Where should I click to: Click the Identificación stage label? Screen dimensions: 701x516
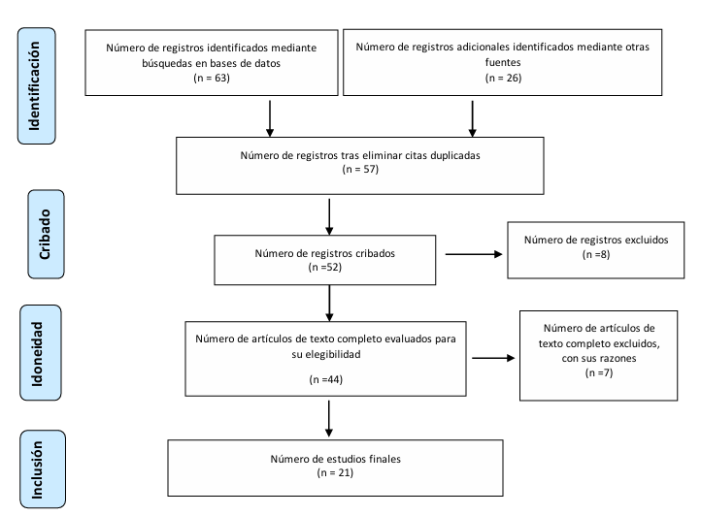tap(35, 85)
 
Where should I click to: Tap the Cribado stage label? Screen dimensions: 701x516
tap(45, 234)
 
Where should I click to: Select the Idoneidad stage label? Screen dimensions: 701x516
tap(37, 354)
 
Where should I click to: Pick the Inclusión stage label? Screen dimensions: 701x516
tap(37, 469)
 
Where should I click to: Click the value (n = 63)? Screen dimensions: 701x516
tap(212, 78)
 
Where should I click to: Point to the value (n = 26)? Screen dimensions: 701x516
tap(503, 78)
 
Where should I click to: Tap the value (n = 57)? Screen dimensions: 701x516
tap(360, 169)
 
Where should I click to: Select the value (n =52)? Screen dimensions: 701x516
tap(325, 267)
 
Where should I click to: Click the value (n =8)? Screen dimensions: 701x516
tap(596, 254)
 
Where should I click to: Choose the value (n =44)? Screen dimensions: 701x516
tap(326, 379)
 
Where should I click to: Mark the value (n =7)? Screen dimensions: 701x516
tap(599, 372)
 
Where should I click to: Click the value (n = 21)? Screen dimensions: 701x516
tap(335, 472)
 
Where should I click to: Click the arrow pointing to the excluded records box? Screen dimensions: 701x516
tap(474, 254)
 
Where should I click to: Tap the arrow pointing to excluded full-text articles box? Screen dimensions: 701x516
tap(493, 358)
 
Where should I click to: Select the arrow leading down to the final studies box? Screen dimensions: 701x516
tap(328, 419)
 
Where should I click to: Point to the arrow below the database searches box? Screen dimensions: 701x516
tap(270, 118)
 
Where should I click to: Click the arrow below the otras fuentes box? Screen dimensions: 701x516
tap(472, 118)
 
